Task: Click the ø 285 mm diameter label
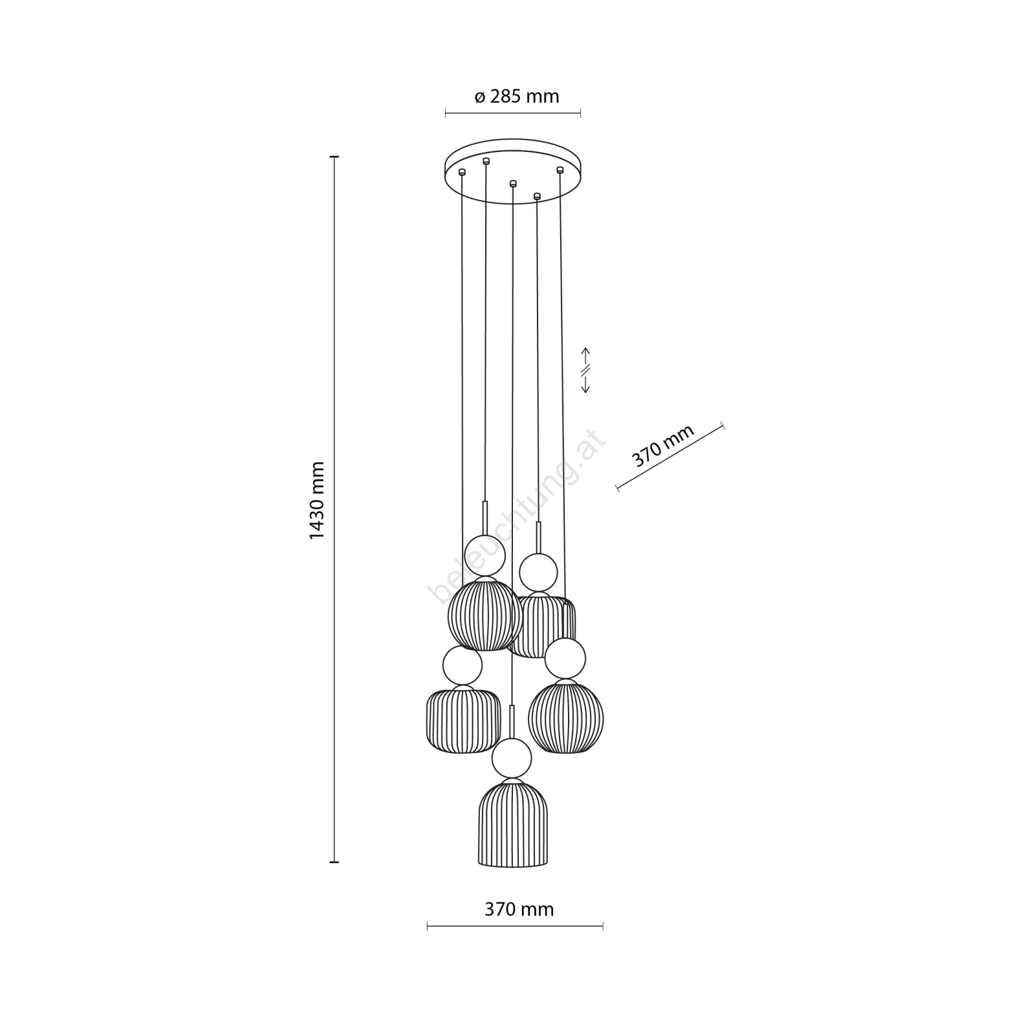coord(516,97)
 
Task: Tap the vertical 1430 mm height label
coord(317,501)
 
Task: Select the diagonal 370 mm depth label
coord(662,446)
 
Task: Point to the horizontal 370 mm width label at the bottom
coord(519,910)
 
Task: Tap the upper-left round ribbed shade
coord(485,615)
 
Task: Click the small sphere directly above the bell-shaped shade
coord(512,758)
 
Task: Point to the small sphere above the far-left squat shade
coord(463,666)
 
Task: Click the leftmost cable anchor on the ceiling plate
coord(462,172)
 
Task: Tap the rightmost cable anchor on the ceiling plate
coord(560,170)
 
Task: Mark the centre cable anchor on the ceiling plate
coord(513,183)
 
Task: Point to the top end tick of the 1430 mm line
coord(334,157)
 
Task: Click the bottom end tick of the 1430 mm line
coord(334,862)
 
